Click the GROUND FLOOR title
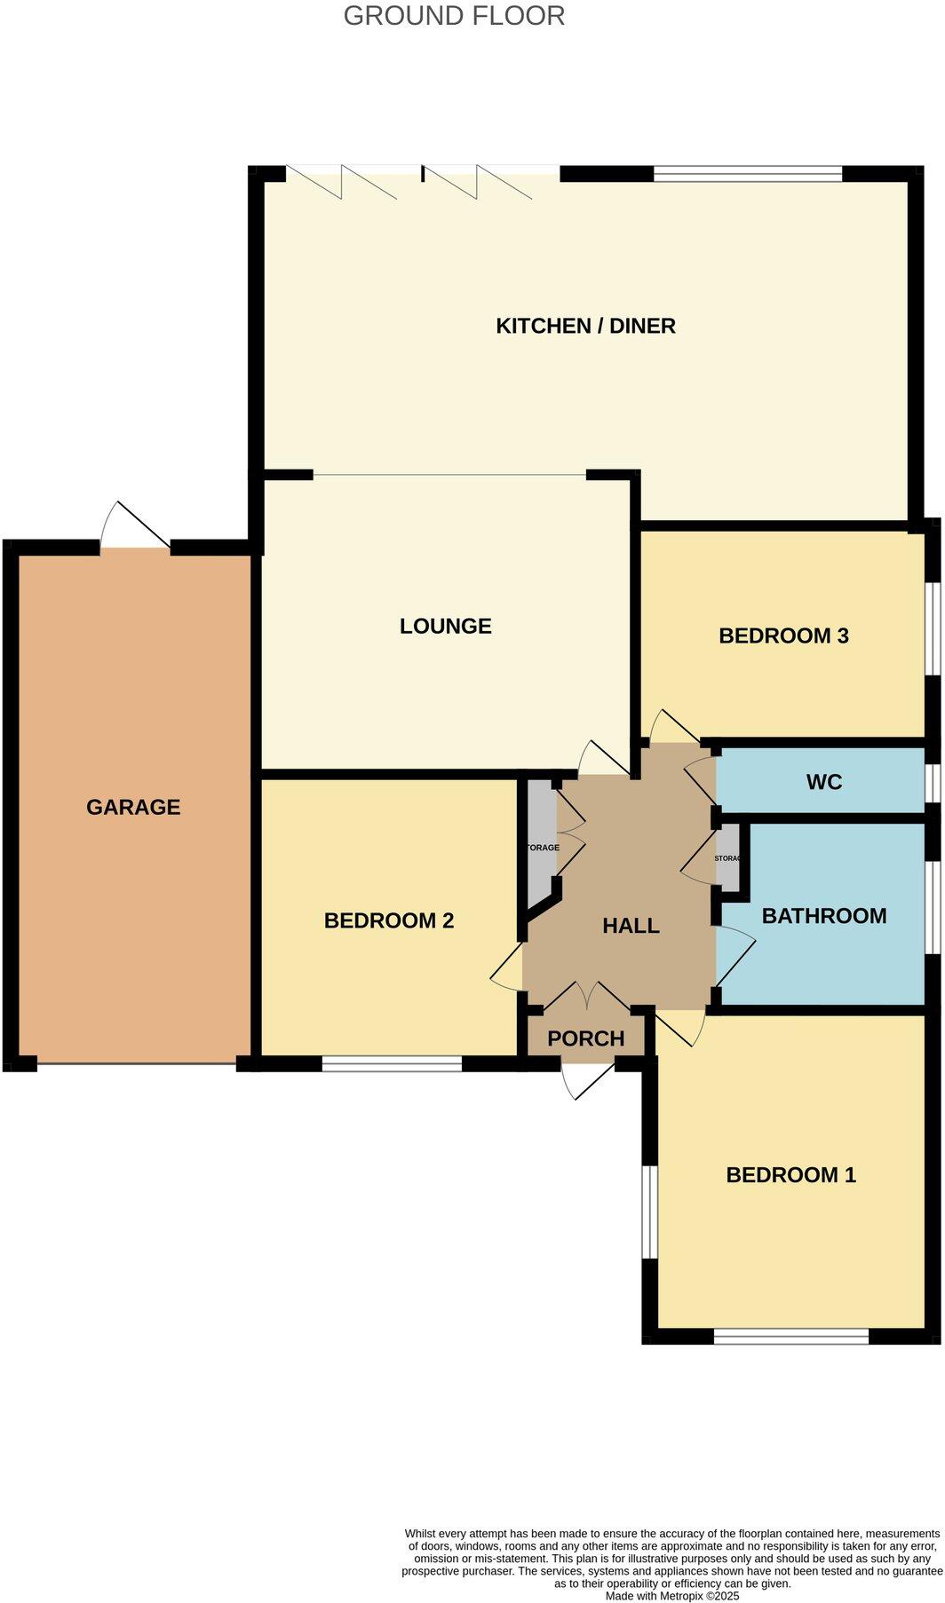454,16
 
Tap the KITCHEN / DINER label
585,326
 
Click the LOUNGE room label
445,626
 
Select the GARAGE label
133,807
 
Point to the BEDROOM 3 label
783,636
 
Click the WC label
823,782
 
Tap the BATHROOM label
823,916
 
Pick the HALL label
631,926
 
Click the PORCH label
585,1038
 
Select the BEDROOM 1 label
790,1175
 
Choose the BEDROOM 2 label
388,920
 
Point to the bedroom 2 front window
392,1063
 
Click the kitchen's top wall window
747,174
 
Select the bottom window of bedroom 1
790,1336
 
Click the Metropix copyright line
672,1595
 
